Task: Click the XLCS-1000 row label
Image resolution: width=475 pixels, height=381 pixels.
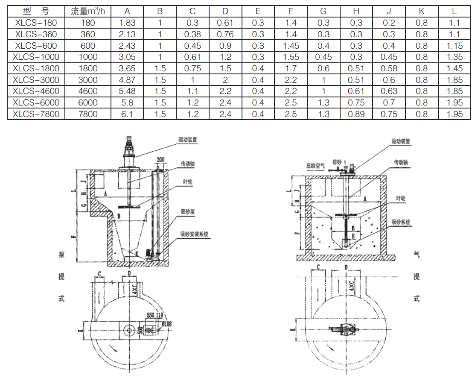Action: (36, 57)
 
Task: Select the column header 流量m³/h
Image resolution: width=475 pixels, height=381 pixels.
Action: (88, 12)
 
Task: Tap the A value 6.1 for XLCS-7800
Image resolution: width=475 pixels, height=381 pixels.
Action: (127, 114)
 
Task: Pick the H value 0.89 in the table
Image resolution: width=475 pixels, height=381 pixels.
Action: (356, 114)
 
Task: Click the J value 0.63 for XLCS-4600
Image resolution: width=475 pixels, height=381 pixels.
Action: (389, 91)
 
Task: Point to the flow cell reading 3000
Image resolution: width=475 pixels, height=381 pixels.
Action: (88, 80)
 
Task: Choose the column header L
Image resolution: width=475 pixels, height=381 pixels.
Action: (454, 12)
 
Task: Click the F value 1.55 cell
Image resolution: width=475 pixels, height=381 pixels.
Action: (291, 57)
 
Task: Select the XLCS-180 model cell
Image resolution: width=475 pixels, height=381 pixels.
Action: (36, 23)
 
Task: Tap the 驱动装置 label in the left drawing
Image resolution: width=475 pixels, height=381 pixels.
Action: (187, 140)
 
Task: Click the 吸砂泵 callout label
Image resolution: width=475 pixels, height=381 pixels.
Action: (188, 212)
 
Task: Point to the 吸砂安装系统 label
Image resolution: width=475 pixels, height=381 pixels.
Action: (195, 234)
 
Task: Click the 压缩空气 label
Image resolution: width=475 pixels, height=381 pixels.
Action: (315, 165)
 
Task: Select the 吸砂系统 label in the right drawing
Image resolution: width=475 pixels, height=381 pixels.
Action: (401, 222)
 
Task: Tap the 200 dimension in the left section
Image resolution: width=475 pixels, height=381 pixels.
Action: (160, 159)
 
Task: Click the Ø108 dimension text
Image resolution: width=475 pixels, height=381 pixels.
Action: (166, 324)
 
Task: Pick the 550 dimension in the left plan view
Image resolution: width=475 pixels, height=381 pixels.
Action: (151, 315)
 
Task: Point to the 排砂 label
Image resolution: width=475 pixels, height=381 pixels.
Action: (337, 162)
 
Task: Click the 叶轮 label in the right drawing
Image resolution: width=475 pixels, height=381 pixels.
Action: (401, 199)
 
